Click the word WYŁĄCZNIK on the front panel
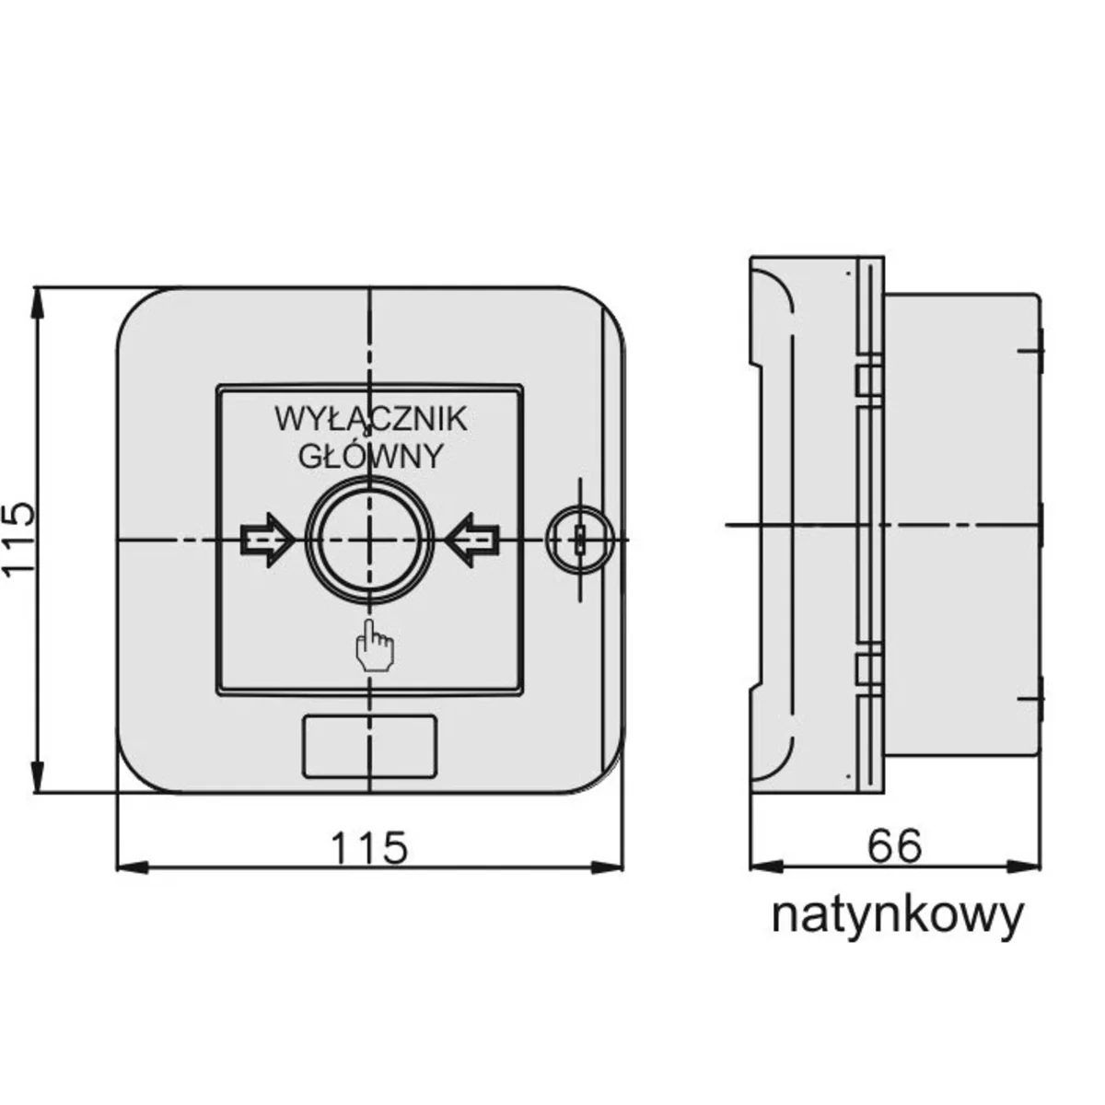(x=370, y=420)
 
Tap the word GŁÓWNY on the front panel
(x=372, y=456)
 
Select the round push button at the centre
(x=369, y=540)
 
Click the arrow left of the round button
(x=266, y=540)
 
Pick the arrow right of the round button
(x=473, y=540)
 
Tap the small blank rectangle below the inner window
(x=368, y=746)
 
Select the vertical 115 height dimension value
(x=20, y=541)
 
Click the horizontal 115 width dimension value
(x=369, y=847)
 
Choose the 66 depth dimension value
(x=894, y=845)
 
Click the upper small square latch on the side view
(x=865, y=378)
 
